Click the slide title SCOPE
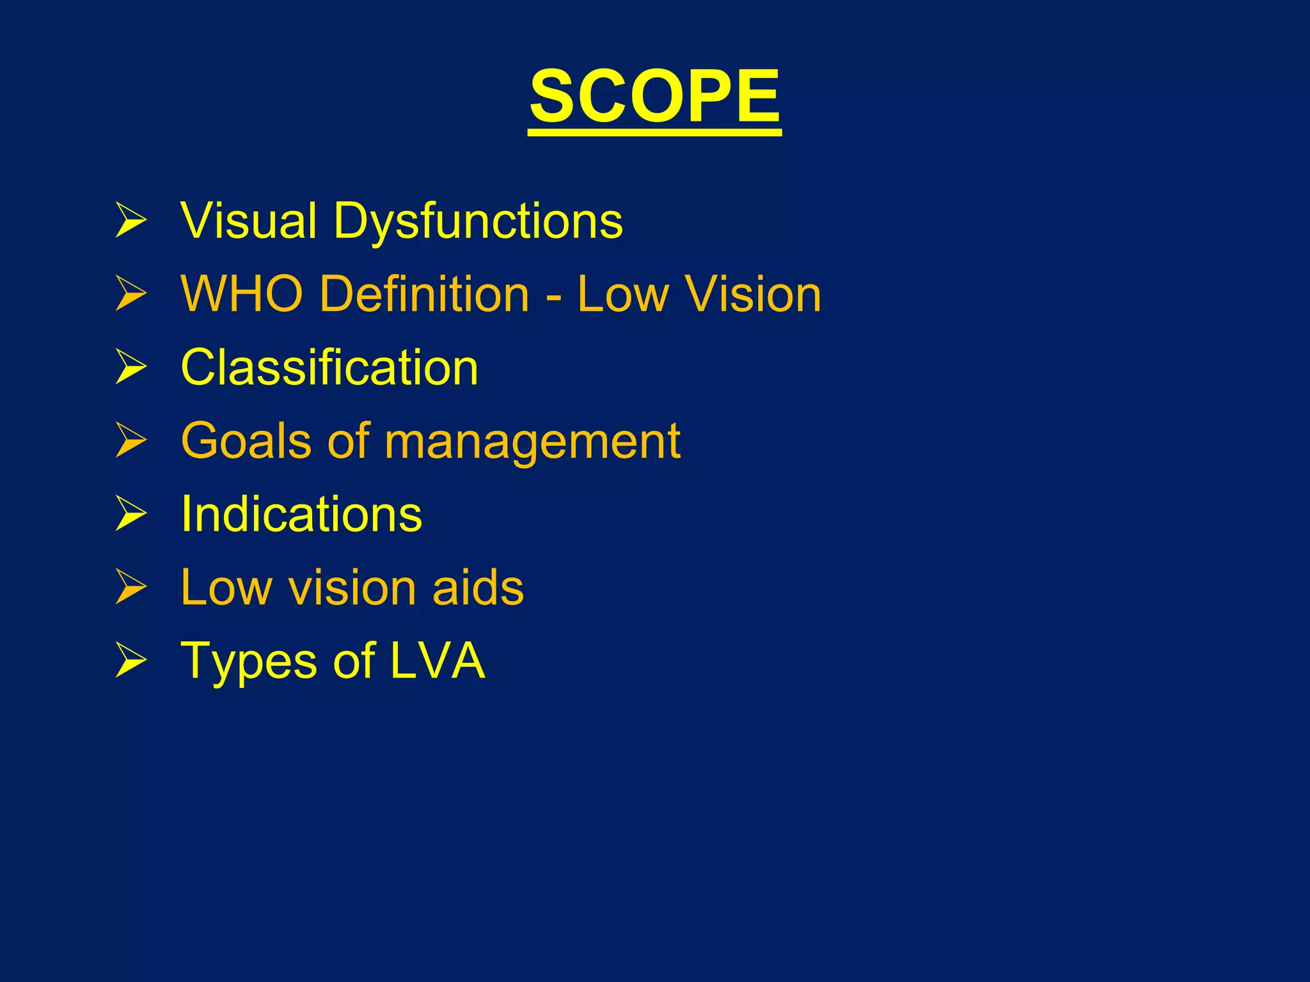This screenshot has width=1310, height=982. click(654, 97)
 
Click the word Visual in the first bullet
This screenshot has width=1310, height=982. click(249, 221)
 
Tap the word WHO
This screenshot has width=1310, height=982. click(242, 294)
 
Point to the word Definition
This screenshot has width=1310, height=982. click(424, 294)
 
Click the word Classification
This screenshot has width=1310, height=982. click(329, 368)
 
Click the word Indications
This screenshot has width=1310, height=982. click(301, 514)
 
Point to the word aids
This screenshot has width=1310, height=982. click(478, 588)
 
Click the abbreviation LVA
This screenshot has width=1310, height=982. click(438, 660)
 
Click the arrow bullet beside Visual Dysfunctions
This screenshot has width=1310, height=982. click(131, 221)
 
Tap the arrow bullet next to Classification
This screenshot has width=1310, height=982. click(131, 368)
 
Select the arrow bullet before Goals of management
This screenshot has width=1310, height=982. click(131, 441)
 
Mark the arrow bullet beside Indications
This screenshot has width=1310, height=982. click(131, 514)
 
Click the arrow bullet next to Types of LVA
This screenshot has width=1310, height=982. click(131, 660)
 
